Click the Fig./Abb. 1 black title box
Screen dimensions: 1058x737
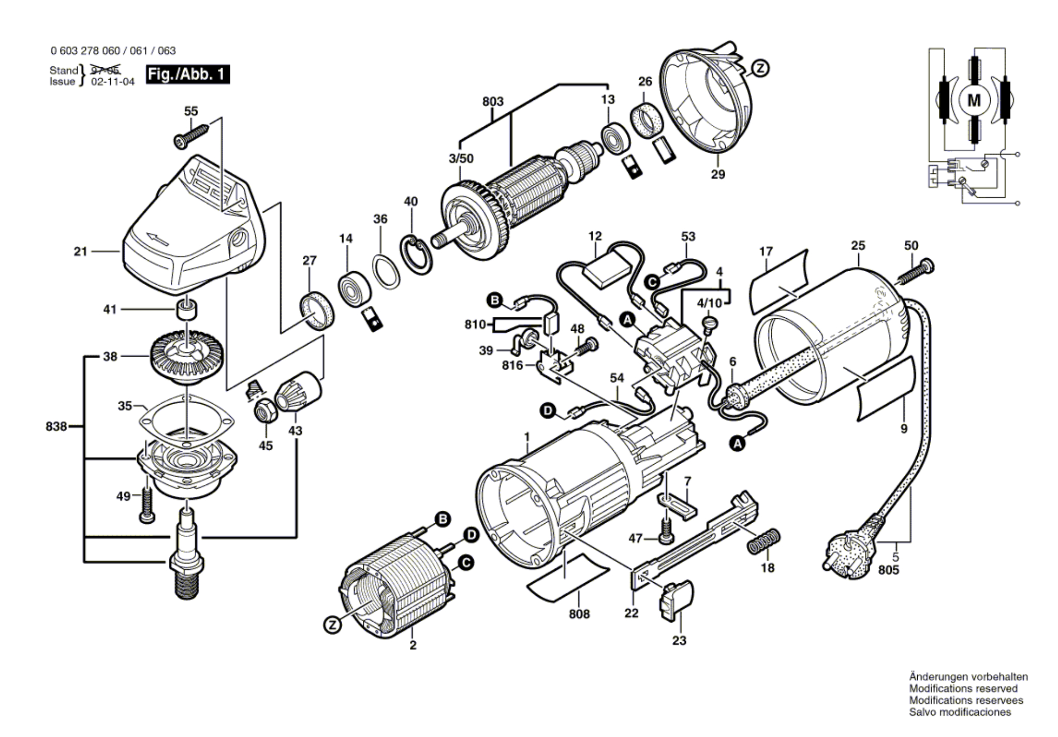187,75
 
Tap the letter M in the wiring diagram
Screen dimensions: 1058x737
974,100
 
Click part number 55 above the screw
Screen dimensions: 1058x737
191,111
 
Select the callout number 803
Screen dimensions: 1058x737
493,101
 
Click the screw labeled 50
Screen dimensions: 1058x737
915,273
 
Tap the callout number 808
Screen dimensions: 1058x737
579,614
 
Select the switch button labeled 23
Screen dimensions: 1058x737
677,600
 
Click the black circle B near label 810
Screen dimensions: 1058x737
495,300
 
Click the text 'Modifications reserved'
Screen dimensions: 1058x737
963,688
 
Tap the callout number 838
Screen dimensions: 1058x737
56,426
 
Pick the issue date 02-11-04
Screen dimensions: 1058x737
112,82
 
